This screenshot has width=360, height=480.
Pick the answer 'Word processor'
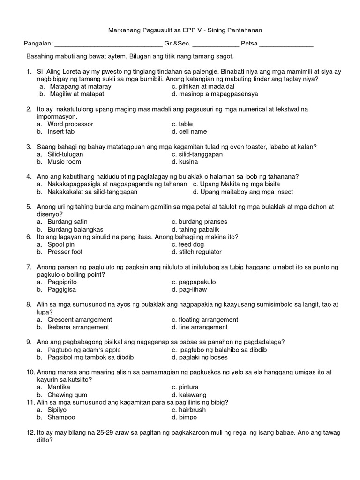pyautogui.click(x=70, y=124)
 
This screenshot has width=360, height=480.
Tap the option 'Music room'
pyautogui.click(x=64, y=162)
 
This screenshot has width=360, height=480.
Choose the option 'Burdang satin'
pyautogui.click(x=67, y=222)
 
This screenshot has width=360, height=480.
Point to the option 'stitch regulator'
pyautogui.click(x=196, y=252)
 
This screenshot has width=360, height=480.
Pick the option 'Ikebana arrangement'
pyautogui.click(x=78, y=327)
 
